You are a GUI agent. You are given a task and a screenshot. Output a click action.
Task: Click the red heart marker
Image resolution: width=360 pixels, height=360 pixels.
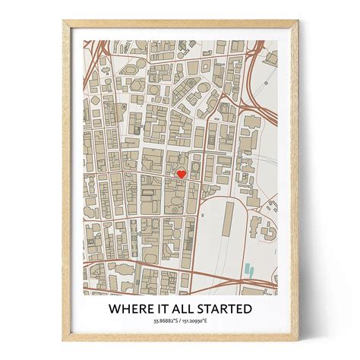[x=181, y=174]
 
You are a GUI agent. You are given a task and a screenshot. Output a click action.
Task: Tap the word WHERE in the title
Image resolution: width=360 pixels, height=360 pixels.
[x=131, y=309]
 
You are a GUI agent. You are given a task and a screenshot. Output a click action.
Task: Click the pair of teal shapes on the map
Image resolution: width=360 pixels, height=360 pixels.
[x=250, y=268]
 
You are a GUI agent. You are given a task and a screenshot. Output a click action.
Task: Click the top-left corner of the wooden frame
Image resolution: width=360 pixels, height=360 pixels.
[x=65, y=21]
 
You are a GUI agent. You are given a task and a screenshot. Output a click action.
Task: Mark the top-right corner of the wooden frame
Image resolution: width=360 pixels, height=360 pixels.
[x=295, y=21]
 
